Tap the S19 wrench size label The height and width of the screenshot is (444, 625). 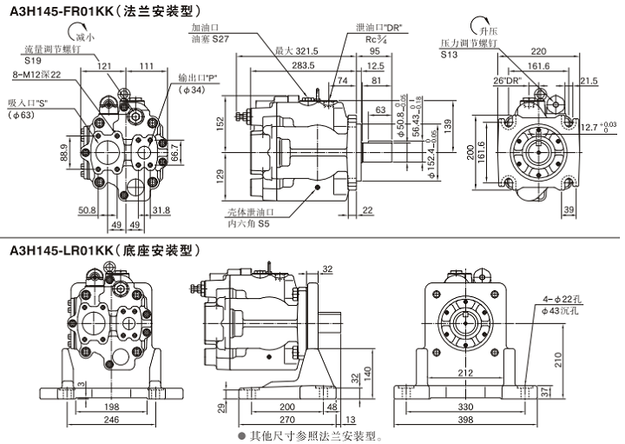(x=33, y=62)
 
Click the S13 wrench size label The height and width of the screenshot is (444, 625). (x=448, y=54)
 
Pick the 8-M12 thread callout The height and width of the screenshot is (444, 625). (x=36, y=76)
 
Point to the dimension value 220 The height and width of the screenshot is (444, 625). (x=538, y=50)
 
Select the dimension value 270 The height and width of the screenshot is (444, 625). (x=286, y=420)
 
